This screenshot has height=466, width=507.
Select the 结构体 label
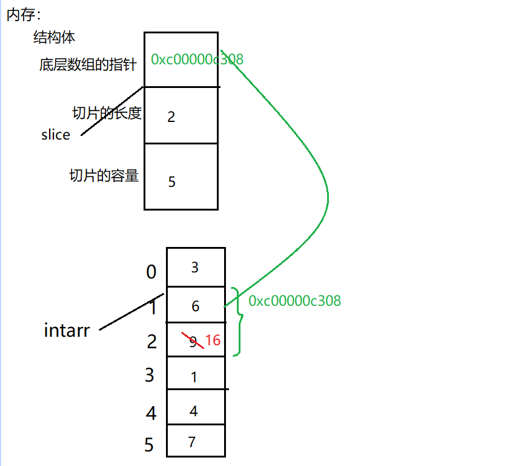[54, 38]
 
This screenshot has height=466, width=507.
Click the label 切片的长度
[107, 113]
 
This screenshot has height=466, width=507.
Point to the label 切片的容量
[104, 176]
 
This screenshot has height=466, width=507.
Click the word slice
[56, 135]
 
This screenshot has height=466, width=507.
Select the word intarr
[67, 331]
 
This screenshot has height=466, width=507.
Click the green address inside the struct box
[197, 59]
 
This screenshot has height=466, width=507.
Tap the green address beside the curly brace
[294, 300]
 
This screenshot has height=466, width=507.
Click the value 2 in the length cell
[171, 116]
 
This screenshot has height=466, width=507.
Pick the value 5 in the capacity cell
[172, 181]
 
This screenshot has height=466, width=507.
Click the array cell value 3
[194, 268]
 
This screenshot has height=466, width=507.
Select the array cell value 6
[195, 306]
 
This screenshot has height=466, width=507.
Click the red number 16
[213, 340]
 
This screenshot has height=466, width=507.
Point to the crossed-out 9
[193, 342]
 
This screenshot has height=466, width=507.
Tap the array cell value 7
[192, 442]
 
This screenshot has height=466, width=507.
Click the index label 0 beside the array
[151, 272]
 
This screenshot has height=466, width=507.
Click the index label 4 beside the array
[151, 413]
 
